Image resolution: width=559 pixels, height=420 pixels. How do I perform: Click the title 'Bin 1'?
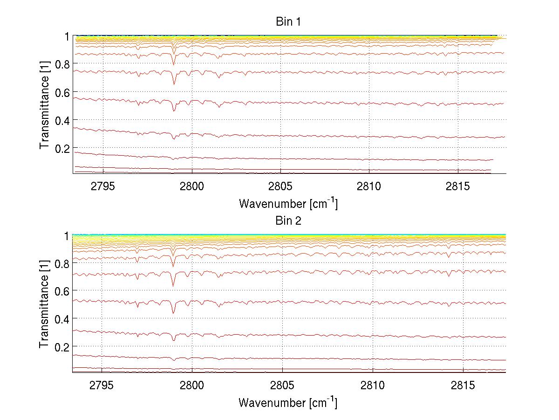(x=288, y=21)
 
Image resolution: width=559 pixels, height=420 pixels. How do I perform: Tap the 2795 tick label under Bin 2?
(x=102, y=386)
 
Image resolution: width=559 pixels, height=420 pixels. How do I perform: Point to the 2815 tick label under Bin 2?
(x=464, y=386)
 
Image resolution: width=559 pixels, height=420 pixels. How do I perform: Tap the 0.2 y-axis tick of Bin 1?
(x=62, y=148)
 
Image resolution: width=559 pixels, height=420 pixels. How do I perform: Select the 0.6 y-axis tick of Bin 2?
(x=62, y=291)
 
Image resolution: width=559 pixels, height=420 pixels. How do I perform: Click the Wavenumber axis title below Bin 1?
(x=288, y=203)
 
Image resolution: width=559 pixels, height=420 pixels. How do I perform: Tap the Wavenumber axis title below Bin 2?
(x=288, y=402)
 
